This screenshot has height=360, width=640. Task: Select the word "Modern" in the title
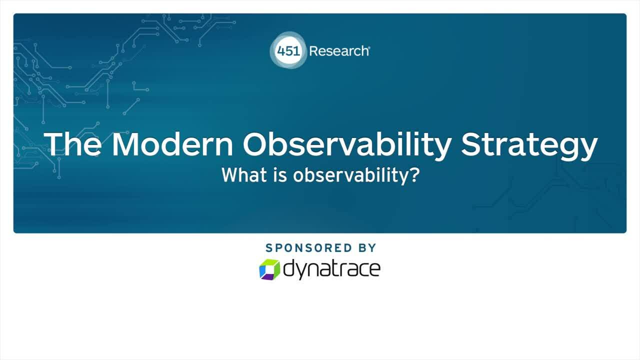(172, 144)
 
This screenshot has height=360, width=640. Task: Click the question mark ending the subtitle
(414, 175)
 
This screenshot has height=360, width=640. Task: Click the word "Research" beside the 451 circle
(339, 51)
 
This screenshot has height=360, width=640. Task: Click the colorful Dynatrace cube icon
(269, 269)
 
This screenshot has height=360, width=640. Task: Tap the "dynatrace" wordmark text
(331, 268)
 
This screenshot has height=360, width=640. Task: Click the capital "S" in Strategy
(473, 144)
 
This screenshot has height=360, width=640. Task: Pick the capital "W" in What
(228, 175)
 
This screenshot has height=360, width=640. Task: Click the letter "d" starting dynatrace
(289, 267)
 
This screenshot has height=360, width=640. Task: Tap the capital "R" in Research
(313, 51)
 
